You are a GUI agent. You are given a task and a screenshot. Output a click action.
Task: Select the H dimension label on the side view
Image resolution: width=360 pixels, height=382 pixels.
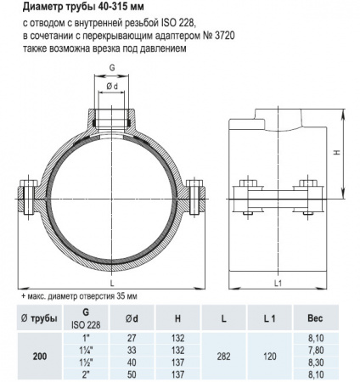click(337, 154)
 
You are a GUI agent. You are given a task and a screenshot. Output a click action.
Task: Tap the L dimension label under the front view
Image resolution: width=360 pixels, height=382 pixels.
click(111, 281)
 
